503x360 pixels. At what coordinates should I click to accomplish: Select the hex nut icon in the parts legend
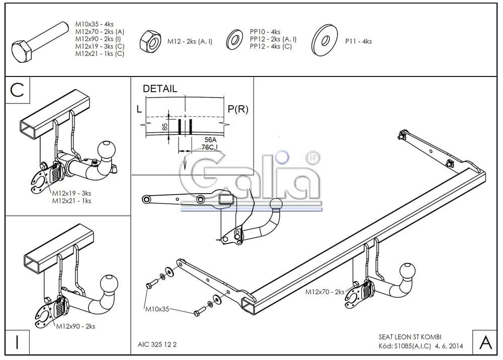click(x=150, y=39)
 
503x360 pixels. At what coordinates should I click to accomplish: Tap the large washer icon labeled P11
click(x=324, y=40)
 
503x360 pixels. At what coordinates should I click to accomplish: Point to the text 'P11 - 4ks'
click(x=358, y=41)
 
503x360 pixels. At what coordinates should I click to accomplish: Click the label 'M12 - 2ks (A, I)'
click(x=190, y=41)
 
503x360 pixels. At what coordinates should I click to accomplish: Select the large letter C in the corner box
click(x=17, y=89)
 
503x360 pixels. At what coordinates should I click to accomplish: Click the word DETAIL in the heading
click(x=160, y=89)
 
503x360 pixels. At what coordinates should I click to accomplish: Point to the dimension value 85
click(x=165, y=127)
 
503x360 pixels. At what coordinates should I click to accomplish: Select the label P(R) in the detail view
click(x=238, y=109)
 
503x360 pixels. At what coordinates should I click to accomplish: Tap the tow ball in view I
click(x=110, y=283)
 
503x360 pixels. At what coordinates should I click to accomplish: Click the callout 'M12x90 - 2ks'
click(x=75, y=326)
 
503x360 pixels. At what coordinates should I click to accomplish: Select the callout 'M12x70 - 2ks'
click(x=325, y=292)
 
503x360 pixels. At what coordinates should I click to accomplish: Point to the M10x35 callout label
click(x=156, y=309)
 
